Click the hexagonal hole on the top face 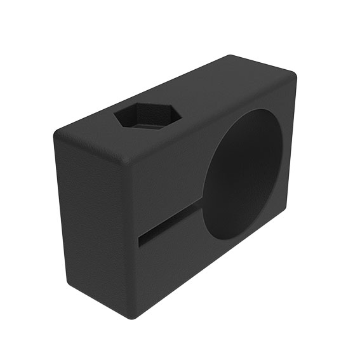tap(148, 117)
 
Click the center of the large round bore tap(244, 174)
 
